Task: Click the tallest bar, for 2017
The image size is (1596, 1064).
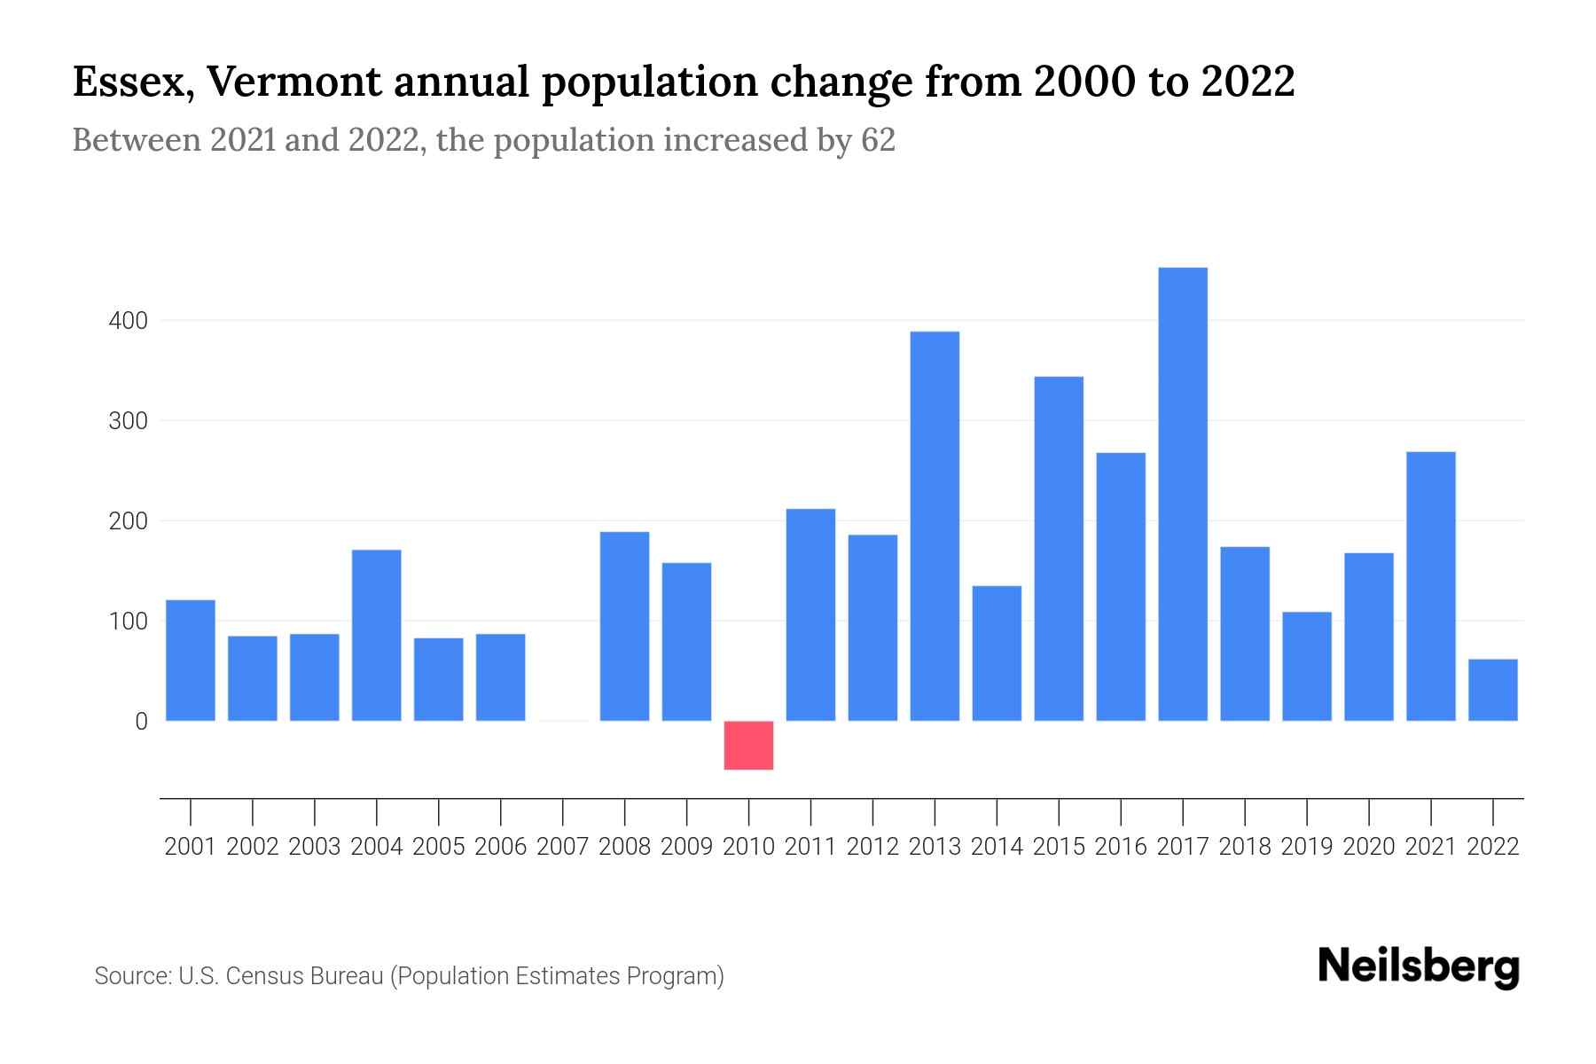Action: click(1183, 494)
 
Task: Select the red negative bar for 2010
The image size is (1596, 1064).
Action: click(748, 746)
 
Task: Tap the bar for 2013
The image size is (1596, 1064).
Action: click(935, 526)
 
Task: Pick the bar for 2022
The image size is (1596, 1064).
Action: click(1493, 690)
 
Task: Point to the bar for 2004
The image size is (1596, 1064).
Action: click(377, 635)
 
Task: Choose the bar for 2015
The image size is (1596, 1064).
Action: click(1059, 549)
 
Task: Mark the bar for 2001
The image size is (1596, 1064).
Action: click(191, 661)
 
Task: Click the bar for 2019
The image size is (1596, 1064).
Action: click(1307, 666)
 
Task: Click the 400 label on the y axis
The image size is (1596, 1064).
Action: click(128, 321)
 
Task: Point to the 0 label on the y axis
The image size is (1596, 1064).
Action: click(141, 722)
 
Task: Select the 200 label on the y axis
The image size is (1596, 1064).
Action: click(128, 521)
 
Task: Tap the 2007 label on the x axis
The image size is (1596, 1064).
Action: click(562, 847)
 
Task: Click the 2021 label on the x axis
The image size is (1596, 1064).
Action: click(1430, 847)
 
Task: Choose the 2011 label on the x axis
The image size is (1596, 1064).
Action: click(810, 847)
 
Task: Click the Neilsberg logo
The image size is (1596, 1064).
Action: click(1419, 967)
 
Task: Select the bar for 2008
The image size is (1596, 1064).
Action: click(624, 626)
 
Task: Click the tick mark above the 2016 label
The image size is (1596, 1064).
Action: click(1121, 810)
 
